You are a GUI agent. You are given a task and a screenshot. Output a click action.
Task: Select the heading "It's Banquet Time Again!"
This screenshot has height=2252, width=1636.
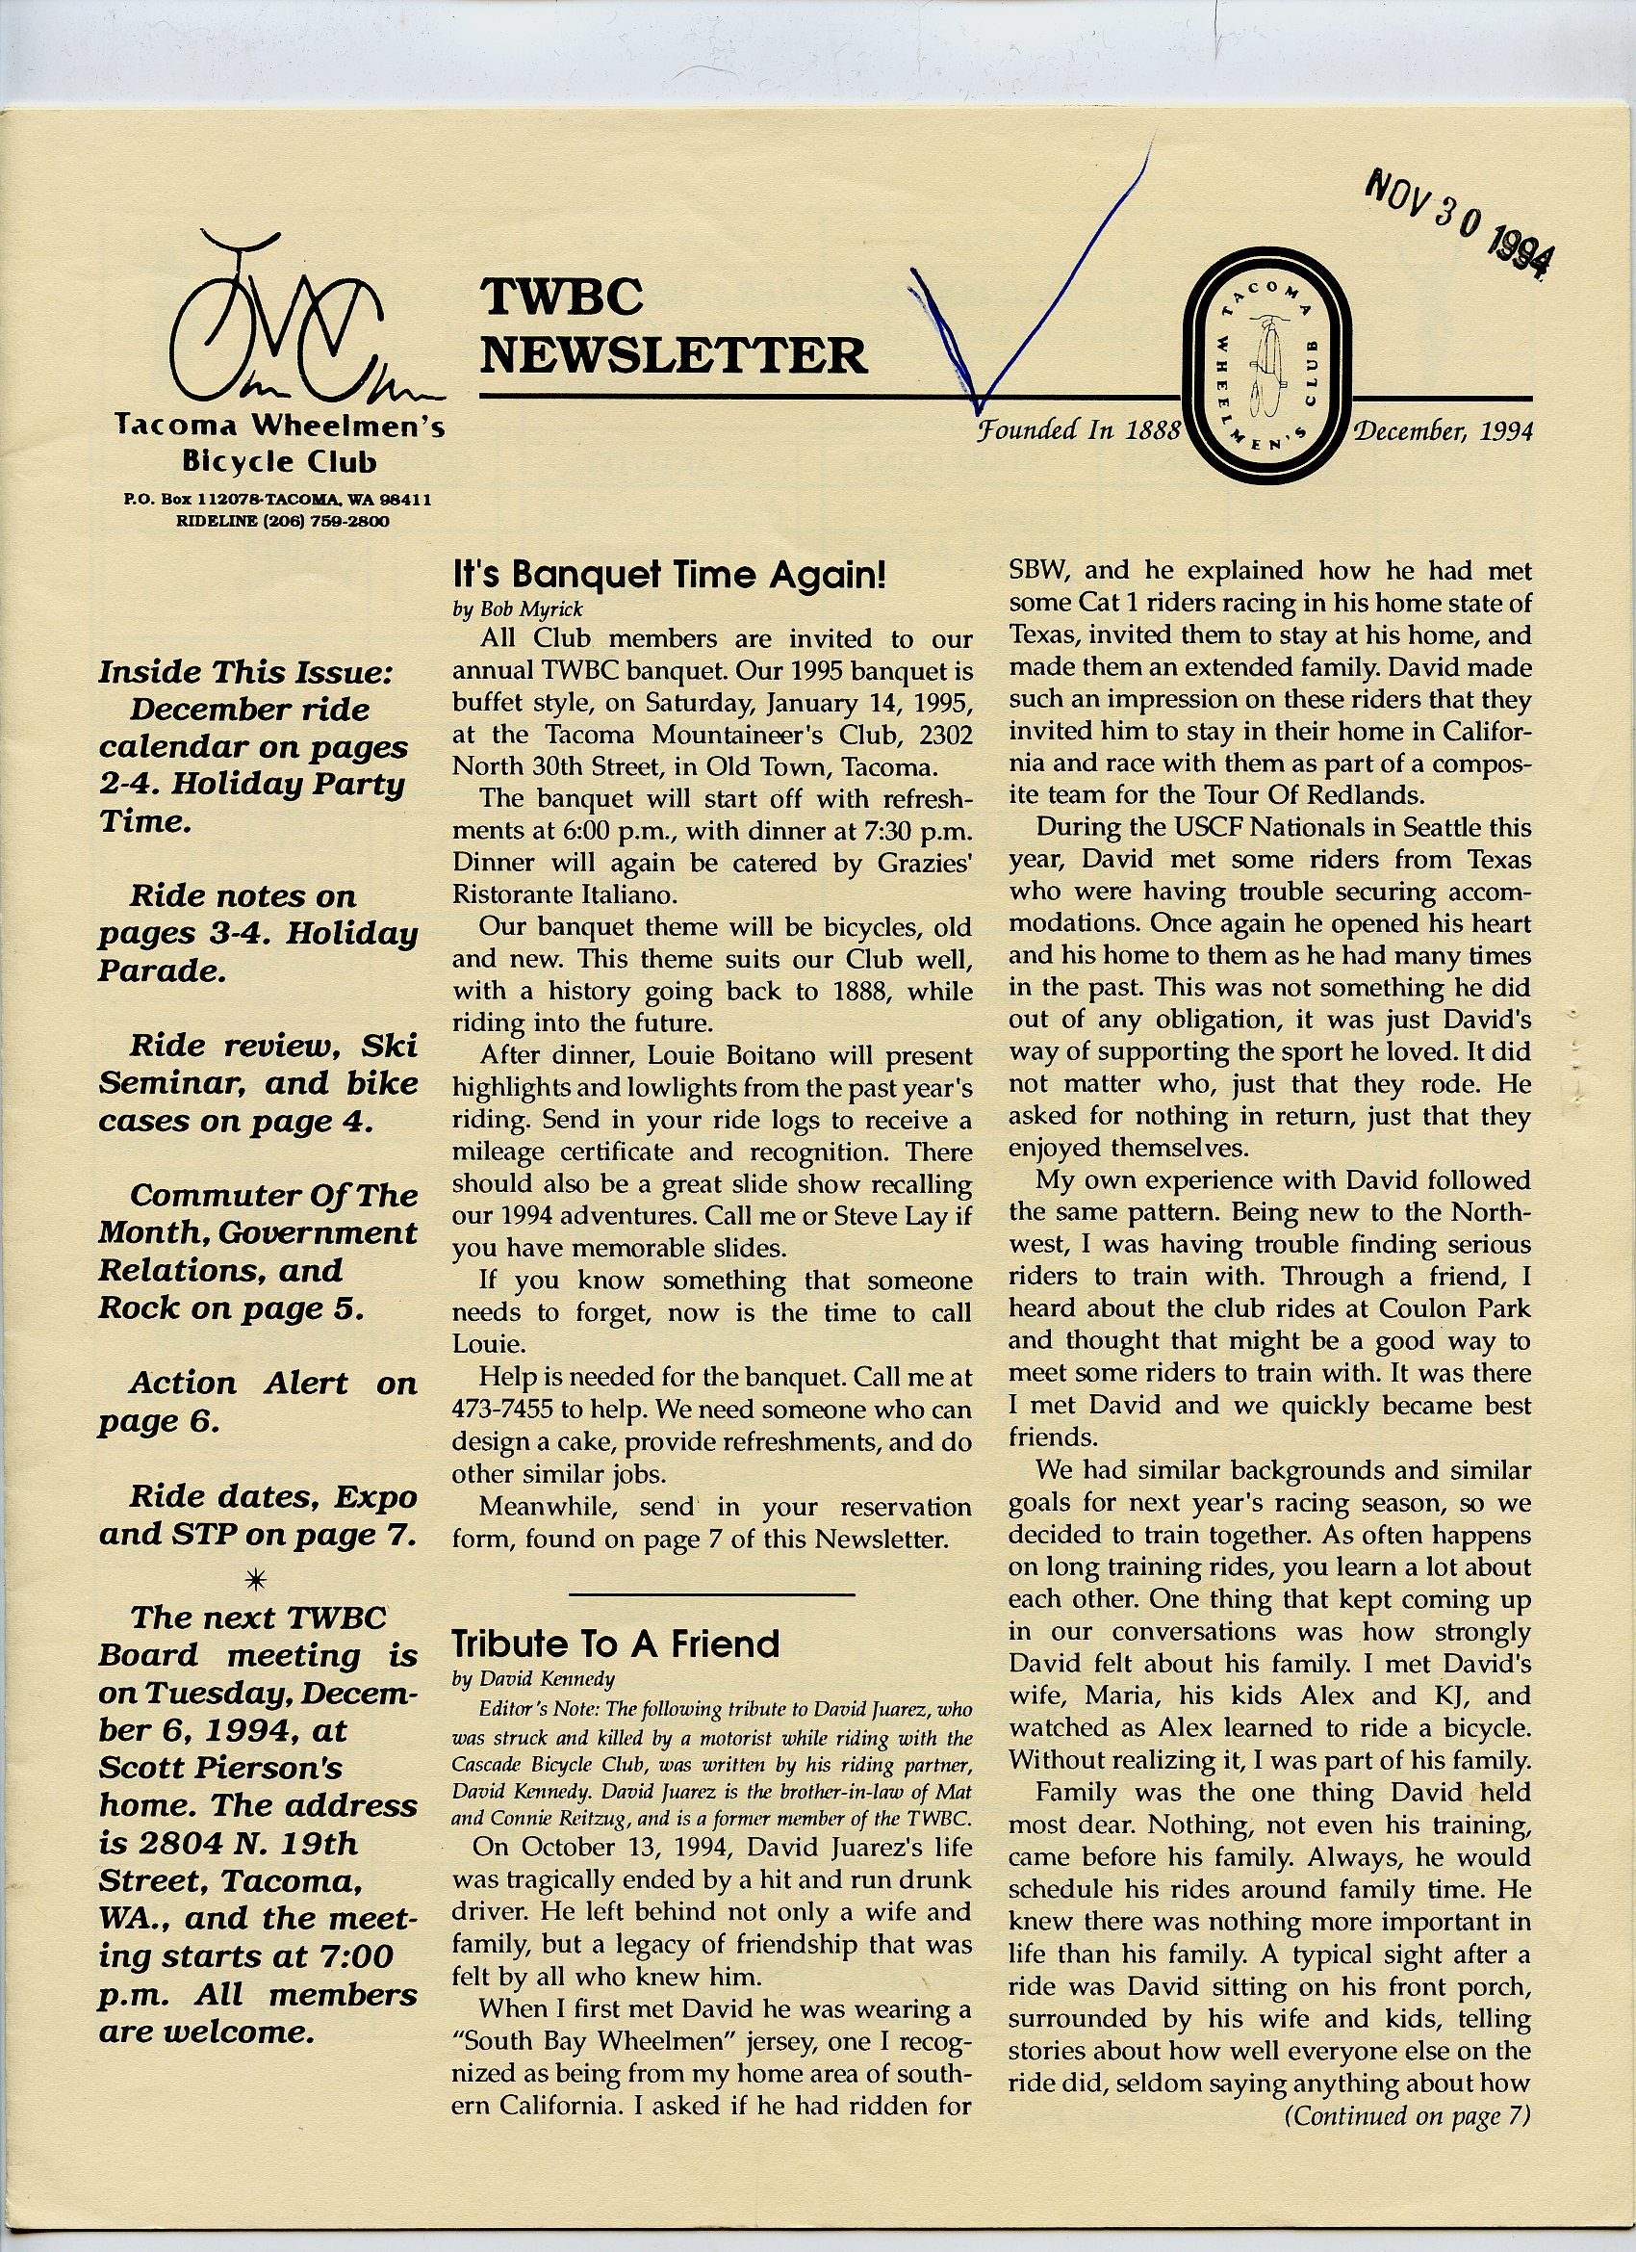point(668,575)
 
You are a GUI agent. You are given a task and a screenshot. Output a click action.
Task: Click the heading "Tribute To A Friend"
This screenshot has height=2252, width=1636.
point(616,1644)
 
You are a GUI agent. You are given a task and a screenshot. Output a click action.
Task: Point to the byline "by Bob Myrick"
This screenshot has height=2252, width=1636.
point(517,608)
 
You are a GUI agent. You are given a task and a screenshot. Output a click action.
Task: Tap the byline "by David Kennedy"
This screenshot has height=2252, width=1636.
point(533,1678)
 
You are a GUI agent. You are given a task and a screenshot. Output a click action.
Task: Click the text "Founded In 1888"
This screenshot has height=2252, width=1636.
point(1079,430)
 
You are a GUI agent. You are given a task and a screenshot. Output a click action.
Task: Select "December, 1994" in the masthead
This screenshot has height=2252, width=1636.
point(1443,430)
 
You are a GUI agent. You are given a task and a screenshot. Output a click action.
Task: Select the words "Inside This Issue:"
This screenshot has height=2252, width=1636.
point(246,672)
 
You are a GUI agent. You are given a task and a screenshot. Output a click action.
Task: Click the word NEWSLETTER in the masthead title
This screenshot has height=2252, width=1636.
point(674,355)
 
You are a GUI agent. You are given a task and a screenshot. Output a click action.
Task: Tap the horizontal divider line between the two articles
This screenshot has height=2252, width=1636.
point(712,1594)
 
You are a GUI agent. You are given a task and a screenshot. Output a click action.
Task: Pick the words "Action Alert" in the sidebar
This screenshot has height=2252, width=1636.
point(239,1384)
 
